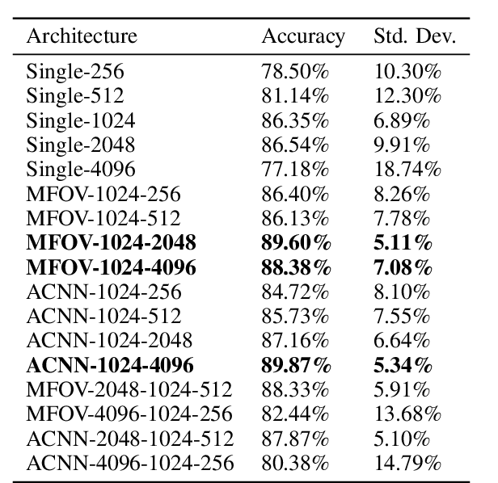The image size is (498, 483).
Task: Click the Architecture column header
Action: tap(82, 36)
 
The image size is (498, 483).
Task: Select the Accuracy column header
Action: tap(303, 36)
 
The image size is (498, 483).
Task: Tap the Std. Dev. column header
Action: tap(415, 36)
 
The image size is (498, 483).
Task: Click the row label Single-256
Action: tap(75, 72)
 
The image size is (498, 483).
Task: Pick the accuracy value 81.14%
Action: tap(295, 96)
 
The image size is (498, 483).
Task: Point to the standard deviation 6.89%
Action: tap(402, 120)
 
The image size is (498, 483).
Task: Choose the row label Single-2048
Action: tap(81, 145)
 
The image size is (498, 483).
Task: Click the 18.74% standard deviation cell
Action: tap(407, 169)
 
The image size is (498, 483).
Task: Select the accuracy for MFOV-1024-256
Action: tap(295, 194)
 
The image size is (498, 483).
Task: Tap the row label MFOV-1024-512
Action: tap(103, 218)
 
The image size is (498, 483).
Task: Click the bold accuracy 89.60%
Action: tap(297, 242)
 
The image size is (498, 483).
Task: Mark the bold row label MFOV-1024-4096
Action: tap(112, 267)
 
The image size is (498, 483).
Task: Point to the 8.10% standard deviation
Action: tap(402, 291)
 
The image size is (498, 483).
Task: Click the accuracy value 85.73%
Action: tap(295, 316)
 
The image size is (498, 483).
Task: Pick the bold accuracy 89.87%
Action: tap(297, 364)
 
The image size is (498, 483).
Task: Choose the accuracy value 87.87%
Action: tap(295, 439)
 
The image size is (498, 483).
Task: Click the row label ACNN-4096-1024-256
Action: tap(130, 463)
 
